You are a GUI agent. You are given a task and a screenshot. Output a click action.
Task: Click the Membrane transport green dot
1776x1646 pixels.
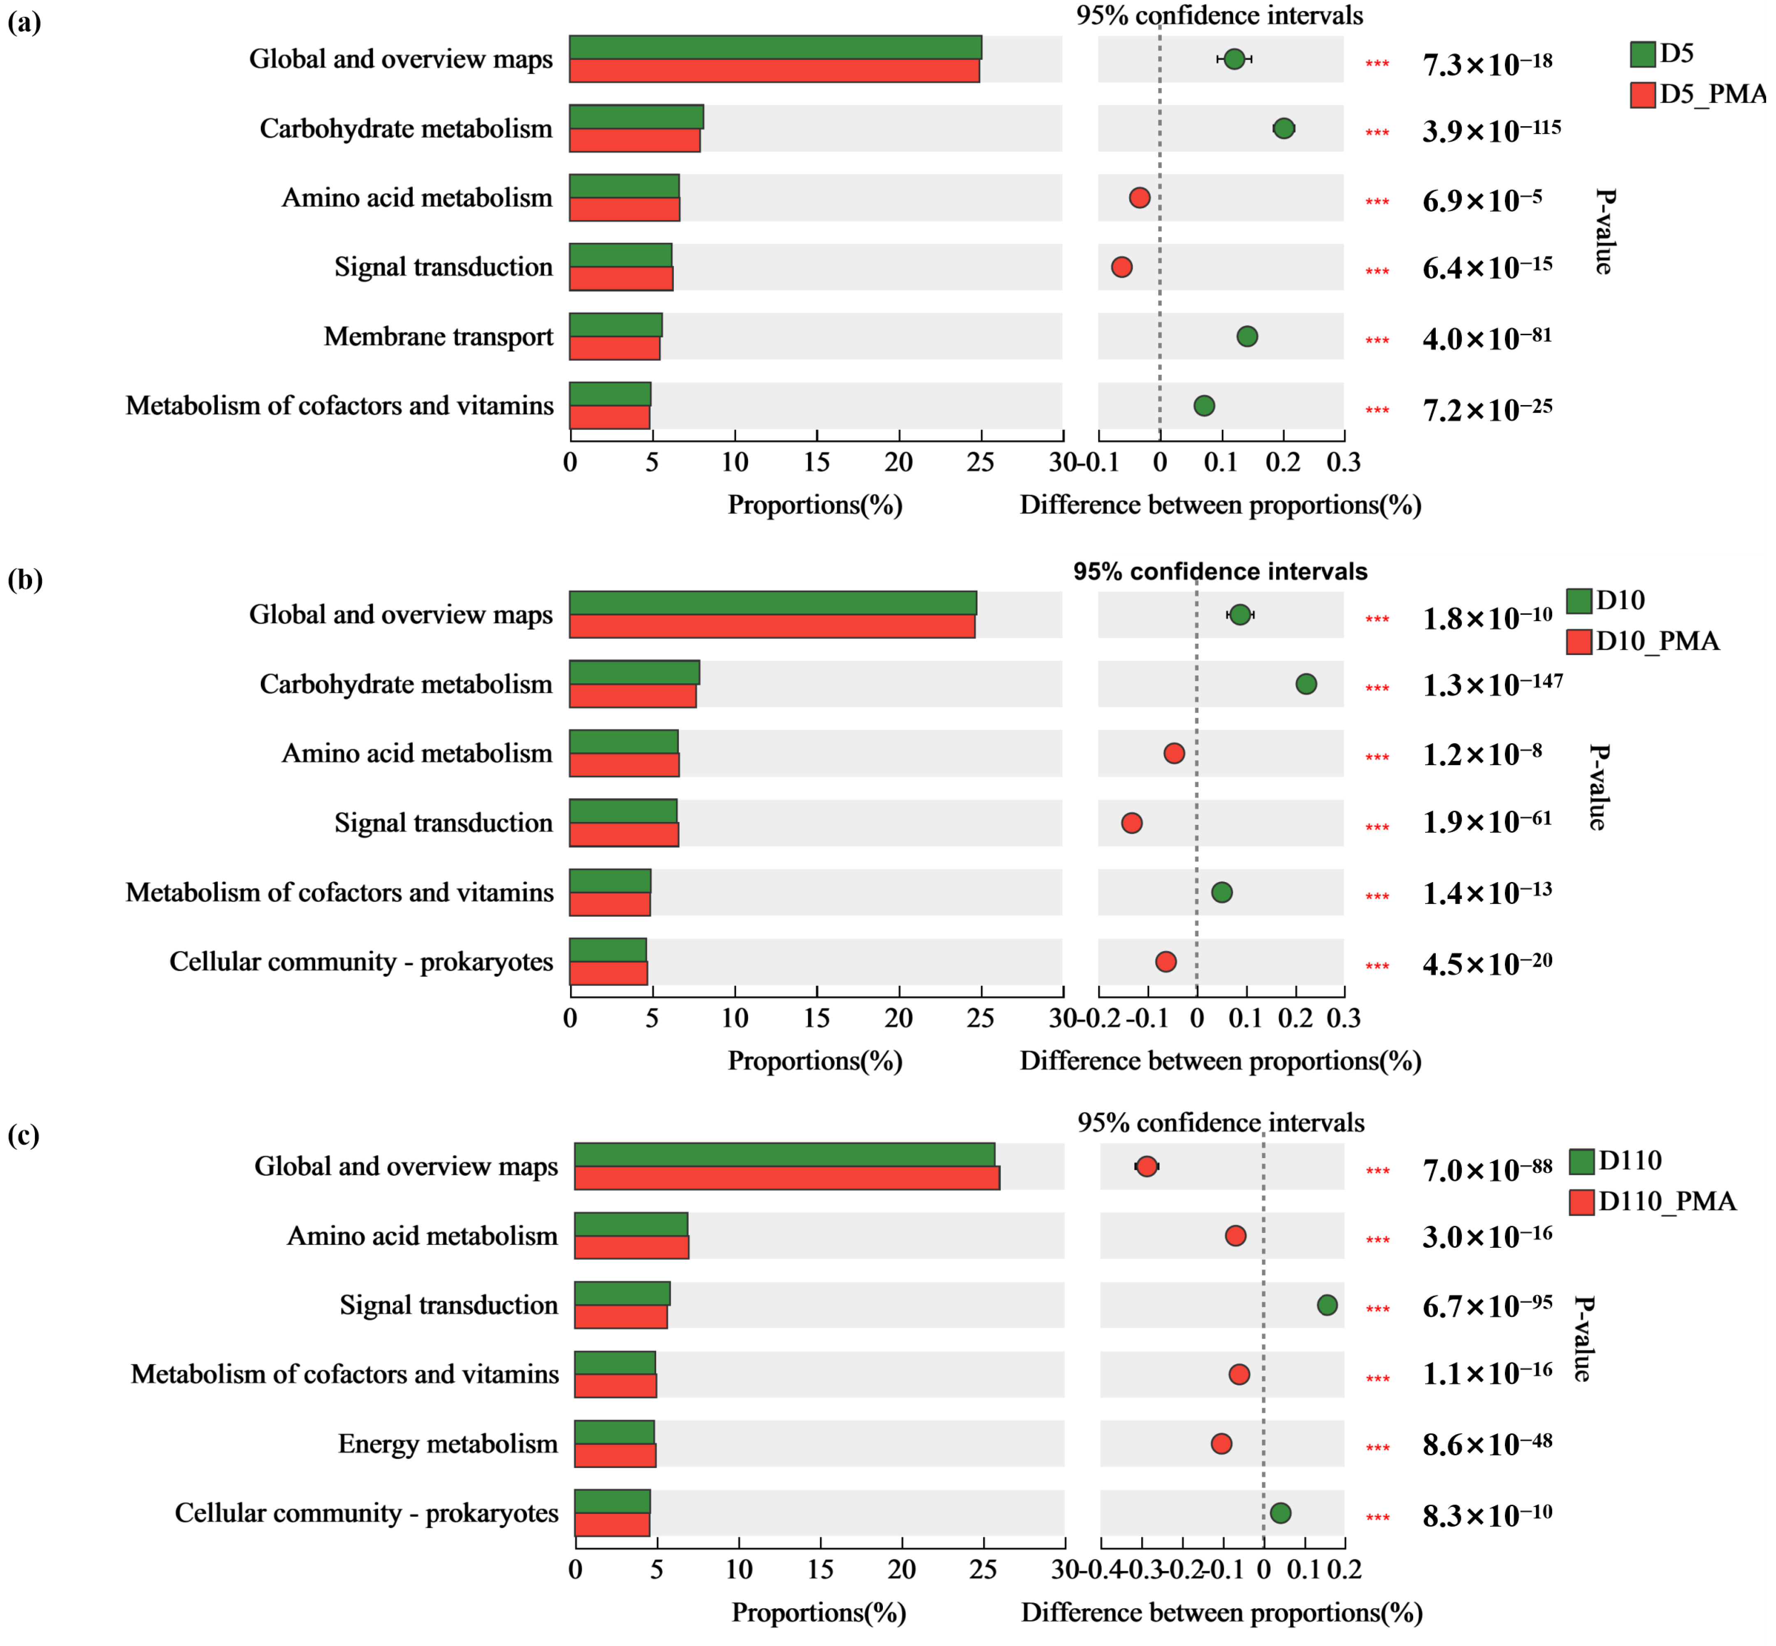click(1247, 336)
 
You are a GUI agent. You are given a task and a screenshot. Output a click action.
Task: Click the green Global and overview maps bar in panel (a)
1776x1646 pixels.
click(775, 47)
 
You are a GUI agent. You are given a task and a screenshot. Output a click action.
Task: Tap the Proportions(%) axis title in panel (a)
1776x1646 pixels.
click(815, 505)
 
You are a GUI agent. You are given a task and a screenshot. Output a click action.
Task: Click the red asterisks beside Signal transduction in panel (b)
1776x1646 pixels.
click(1377, 826)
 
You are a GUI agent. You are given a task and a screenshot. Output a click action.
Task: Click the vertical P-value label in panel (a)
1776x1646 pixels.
click(1604, 232)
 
